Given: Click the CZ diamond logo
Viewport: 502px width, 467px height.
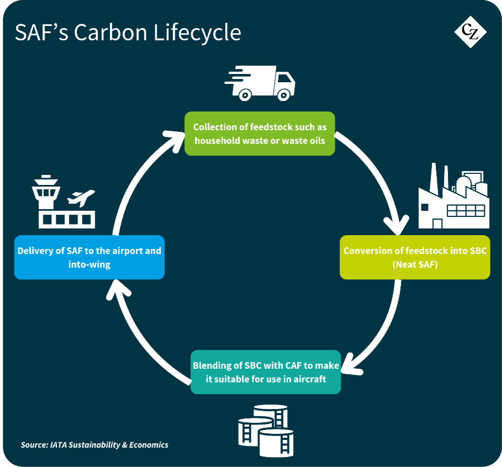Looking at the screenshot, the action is [471, 31].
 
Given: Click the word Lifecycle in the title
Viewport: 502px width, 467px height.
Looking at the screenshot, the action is [197, 33].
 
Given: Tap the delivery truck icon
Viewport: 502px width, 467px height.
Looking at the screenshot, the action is [260, 83].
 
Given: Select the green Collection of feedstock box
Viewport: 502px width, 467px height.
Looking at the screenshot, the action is [260, 134].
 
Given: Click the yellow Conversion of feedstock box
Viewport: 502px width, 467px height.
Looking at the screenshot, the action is [415, 257].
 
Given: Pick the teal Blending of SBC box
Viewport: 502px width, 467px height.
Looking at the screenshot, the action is [266, 372].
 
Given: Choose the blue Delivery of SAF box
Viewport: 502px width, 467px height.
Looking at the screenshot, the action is [89, 257].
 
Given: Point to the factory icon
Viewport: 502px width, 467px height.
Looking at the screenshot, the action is [453, 196].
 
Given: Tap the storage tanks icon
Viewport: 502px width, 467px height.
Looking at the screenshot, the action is [266, 431].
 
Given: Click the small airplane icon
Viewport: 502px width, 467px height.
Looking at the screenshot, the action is [81, 198].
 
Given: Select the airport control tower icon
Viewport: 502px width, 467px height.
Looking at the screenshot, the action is [46, 192].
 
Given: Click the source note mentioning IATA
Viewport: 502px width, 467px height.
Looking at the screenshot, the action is [94, 445].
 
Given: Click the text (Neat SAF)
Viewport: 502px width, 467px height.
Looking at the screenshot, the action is [415, 265].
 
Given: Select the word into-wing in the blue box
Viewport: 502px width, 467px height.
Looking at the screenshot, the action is [89, 265].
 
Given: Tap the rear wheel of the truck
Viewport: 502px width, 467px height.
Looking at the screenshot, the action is [245, 95].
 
